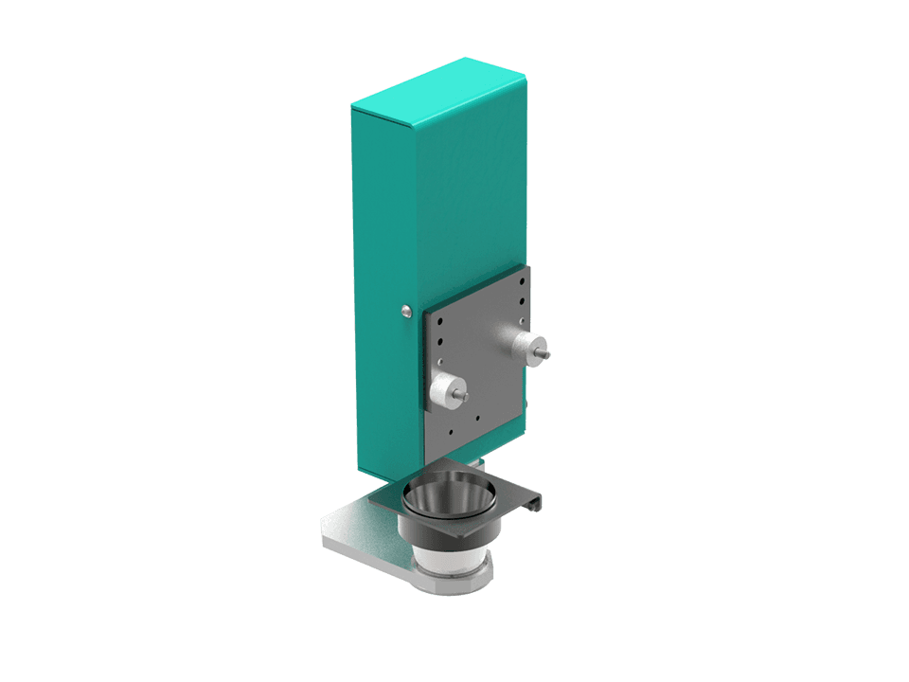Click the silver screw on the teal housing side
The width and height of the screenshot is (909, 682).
(x=406, y=311)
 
